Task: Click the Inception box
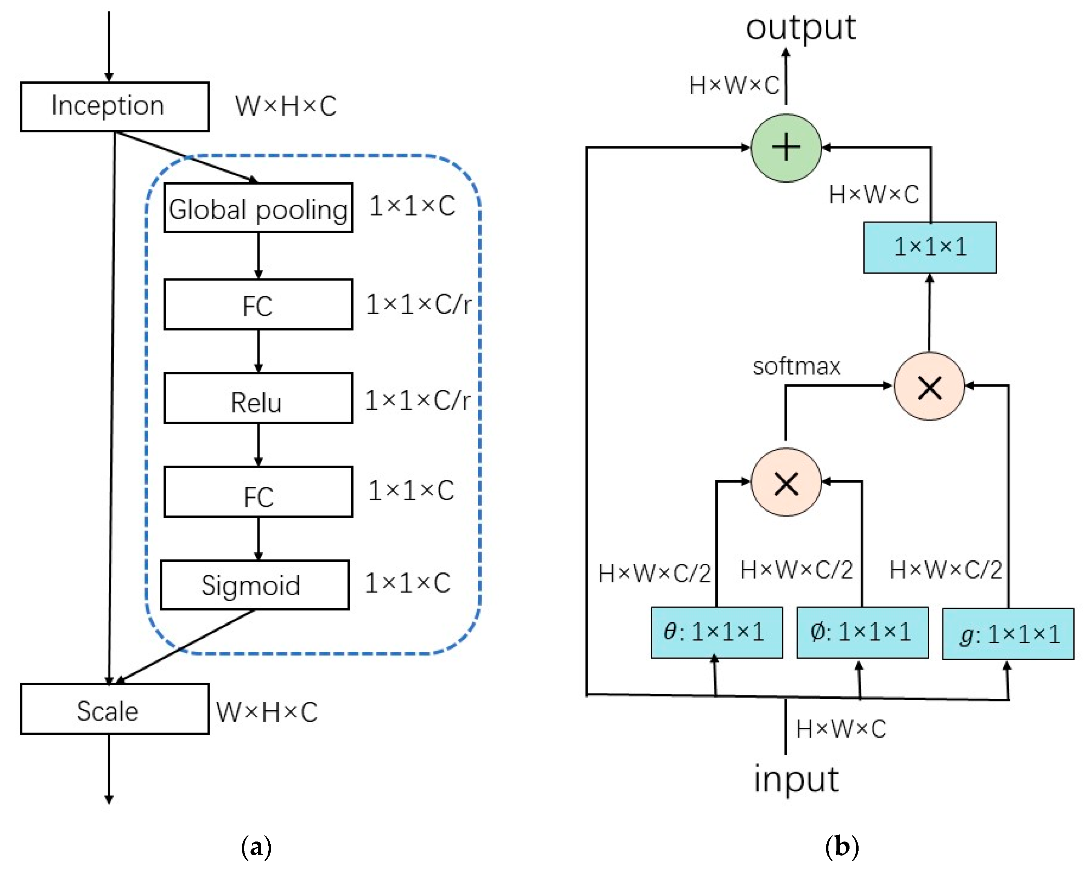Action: tap(114, 107)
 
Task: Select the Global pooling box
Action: tap(258, 208)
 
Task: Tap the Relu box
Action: tap(258, 398)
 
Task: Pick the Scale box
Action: tap(114, 709)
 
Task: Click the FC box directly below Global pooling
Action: tap(258, 304)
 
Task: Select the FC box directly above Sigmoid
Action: tap(258, 492)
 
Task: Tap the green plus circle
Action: tap(786, 147)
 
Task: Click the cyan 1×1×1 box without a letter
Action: tap(929, 248)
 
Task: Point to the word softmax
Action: tap(796, 366)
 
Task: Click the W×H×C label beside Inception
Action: tap(286, 107)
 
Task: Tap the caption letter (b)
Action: tap(842, 846)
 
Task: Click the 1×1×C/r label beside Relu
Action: tap(417, 400)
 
